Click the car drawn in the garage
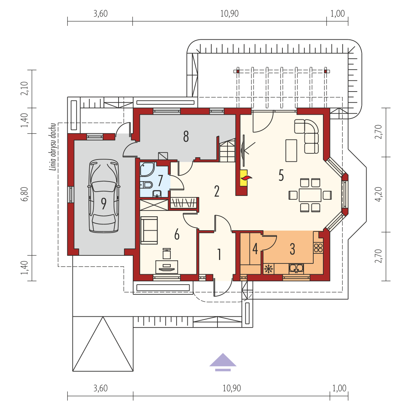[104, 196]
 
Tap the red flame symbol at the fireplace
[246, 178]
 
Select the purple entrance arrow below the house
[223, 362]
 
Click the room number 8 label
[186, 137]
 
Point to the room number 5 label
[281, 175]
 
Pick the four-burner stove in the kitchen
[318, 248]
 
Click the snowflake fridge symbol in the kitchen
[269, 269]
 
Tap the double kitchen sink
[296, 268]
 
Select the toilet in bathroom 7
[146, 185]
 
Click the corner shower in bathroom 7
[147, 169]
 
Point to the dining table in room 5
[310, 195]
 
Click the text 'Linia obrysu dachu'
[53, 147]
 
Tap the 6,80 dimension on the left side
[24, 194]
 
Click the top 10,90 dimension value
[229, 14]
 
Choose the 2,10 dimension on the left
[24, 88]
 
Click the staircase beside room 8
[227, 151]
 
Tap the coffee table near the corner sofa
[291, 151]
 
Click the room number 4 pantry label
[255, 249]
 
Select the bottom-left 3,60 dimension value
[100, 388]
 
